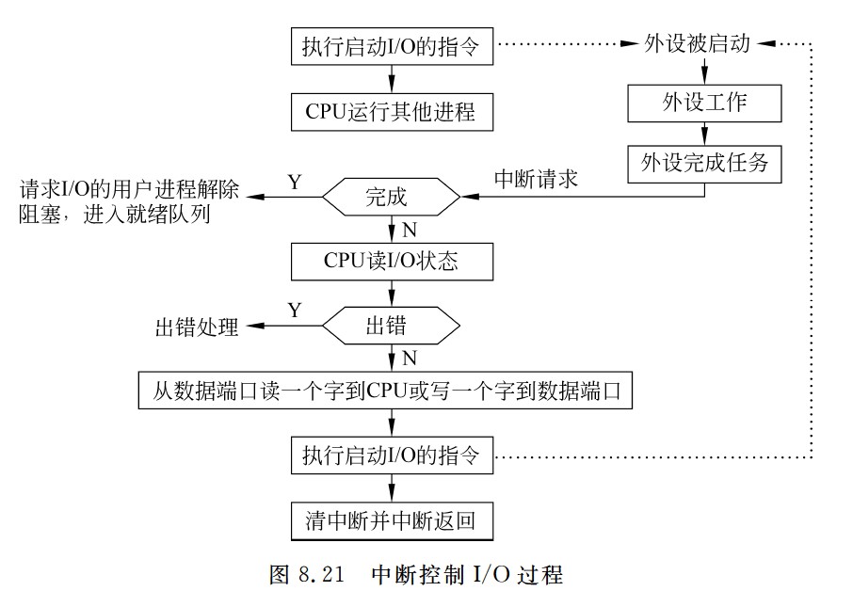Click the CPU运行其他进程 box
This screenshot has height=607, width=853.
(x=391, y=113)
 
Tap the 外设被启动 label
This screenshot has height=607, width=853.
(x=697, y=44)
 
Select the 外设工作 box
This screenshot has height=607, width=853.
(x=705, y=103)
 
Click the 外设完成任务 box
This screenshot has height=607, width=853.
(x=705, y=163)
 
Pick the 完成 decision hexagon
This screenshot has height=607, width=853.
(x=391, y=198)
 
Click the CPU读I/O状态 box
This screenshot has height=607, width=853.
(x=391, y=261)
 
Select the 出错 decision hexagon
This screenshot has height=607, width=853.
(x=391, y=327)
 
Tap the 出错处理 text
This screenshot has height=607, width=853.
(x=197, y=327)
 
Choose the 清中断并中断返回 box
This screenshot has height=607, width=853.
(x=391, y=520)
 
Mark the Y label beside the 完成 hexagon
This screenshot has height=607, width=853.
(x=295, y=182)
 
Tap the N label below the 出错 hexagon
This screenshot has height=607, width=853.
(x=409, y=358)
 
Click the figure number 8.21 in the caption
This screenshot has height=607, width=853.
(x=323, y=574)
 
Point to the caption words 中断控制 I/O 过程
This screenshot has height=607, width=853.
(x=467, y=574)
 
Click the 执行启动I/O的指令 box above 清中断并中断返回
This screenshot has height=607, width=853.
(x=391, y=457)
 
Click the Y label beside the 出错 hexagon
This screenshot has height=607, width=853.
(x=295, y=311)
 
